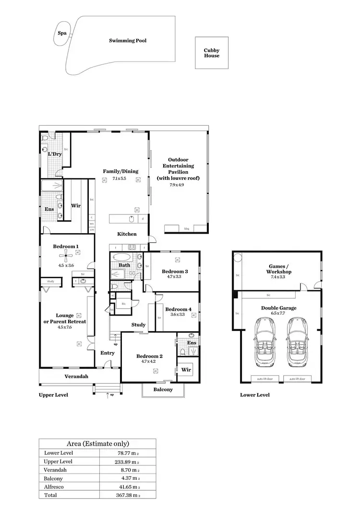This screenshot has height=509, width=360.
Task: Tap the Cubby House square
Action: (x=211, y=53)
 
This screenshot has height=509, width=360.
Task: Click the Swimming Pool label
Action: (x=128, y=41)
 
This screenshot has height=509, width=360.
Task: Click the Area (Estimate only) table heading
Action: (x=97, y=444)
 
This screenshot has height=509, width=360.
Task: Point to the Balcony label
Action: (x=163, y=390)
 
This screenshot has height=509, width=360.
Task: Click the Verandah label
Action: (x=76, y=377)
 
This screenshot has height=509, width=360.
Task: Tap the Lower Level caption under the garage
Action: (x=254, y=395)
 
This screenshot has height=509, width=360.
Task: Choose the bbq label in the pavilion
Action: (x=187, y=229)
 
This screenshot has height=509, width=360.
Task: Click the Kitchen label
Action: (x=127, y=234)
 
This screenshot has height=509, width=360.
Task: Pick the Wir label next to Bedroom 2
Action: (x=186, y=370)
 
